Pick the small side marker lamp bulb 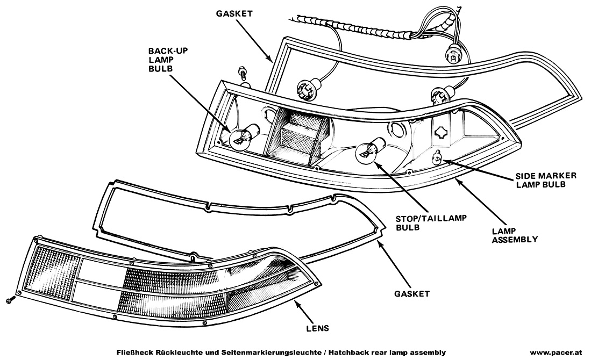pyautogui.click(x=438, y=157)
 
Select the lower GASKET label pyautogui.click(x=411, y=293)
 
